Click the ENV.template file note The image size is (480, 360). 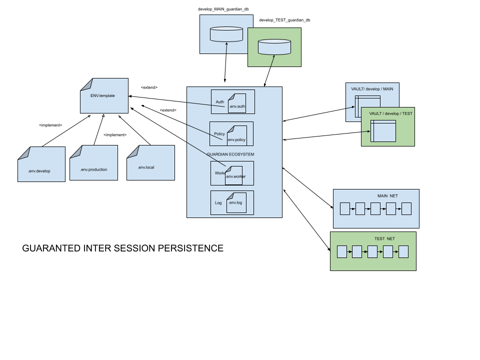click(104, 95)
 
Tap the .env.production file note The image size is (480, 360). click(93, 163)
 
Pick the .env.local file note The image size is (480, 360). click(150, 163)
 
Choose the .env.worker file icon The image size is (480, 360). click(234, 175)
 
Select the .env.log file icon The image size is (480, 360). click(236, 202)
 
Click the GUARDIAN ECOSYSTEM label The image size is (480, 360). click(230, 154)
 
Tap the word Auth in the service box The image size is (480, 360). click(220, 102)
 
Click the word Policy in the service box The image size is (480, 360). click(219, 134)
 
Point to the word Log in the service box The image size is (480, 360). click(218, 203)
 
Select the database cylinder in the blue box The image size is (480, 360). click(226, 34)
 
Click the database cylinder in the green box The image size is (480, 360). click(274, 47)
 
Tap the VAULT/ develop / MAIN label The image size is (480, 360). click(372, 89)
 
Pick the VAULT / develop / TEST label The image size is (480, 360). click(391, 113)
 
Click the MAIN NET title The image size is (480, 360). click(387, 196)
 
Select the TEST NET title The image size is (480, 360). click(384, 239)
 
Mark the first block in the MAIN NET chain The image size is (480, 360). click(345, 208)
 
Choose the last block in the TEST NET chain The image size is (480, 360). click(403, 251)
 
